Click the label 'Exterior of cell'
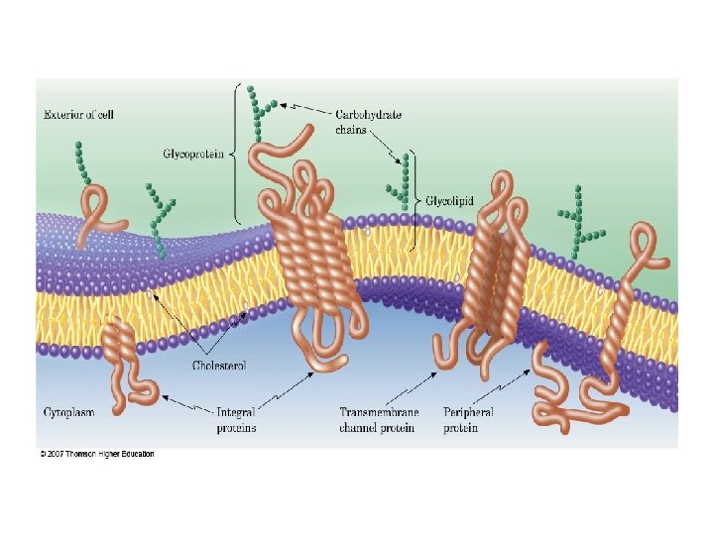coord(78,115)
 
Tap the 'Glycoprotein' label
coord(192,154)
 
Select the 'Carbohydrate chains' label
coord(367,122)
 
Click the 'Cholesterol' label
coord(219,365)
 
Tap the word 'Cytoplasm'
coord(68,410)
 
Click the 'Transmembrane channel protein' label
coord(378,419)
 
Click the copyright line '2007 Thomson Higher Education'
coord(97,455)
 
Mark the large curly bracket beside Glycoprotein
coord(235,154)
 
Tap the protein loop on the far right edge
coord(650,253)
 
